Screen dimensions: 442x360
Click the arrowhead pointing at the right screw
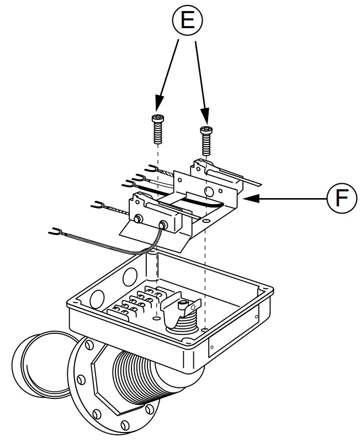click(207, 118)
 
